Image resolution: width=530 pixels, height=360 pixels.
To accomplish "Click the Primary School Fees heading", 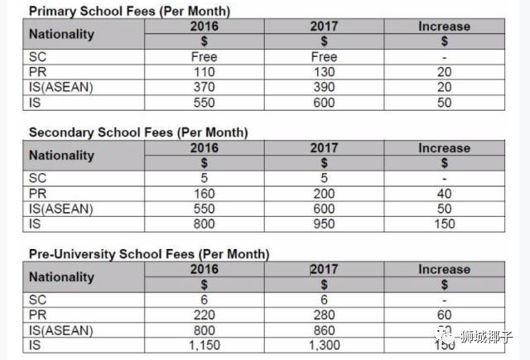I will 129,12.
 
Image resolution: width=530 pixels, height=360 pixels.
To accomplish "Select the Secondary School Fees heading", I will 138,132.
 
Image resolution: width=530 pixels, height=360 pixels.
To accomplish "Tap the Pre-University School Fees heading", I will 149,253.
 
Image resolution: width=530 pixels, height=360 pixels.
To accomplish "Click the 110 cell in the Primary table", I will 204,72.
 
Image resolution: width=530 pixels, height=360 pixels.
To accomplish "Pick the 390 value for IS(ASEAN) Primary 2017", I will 324,87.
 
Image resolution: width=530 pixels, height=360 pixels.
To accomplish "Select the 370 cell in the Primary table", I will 204,87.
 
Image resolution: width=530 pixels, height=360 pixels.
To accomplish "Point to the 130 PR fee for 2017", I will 324,72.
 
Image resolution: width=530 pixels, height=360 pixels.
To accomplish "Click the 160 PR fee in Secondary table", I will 204,193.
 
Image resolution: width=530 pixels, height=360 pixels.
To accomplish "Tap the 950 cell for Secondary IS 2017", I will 324,223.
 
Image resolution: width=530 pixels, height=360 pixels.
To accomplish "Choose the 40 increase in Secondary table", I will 444,193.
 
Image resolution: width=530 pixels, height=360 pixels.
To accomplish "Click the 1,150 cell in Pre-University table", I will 204,344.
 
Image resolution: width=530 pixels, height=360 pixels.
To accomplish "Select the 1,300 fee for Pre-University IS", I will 324,344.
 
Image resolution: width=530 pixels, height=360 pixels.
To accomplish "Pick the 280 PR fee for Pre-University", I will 324,314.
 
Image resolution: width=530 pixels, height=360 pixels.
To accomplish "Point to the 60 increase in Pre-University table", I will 444,314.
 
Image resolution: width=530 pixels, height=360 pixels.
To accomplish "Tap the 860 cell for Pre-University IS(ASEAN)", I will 324,329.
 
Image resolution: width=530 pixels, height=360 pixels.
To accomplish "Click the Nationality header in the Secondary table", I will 61,156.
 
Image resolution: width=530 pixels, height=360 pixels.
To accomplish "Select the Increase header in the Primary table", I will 444,26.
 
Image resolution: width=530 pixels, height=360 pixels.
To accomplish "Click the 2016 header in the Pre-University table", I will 204,269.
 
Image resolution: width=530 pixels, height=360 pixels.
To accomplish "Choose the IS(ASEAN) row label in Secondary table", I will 60,208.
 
